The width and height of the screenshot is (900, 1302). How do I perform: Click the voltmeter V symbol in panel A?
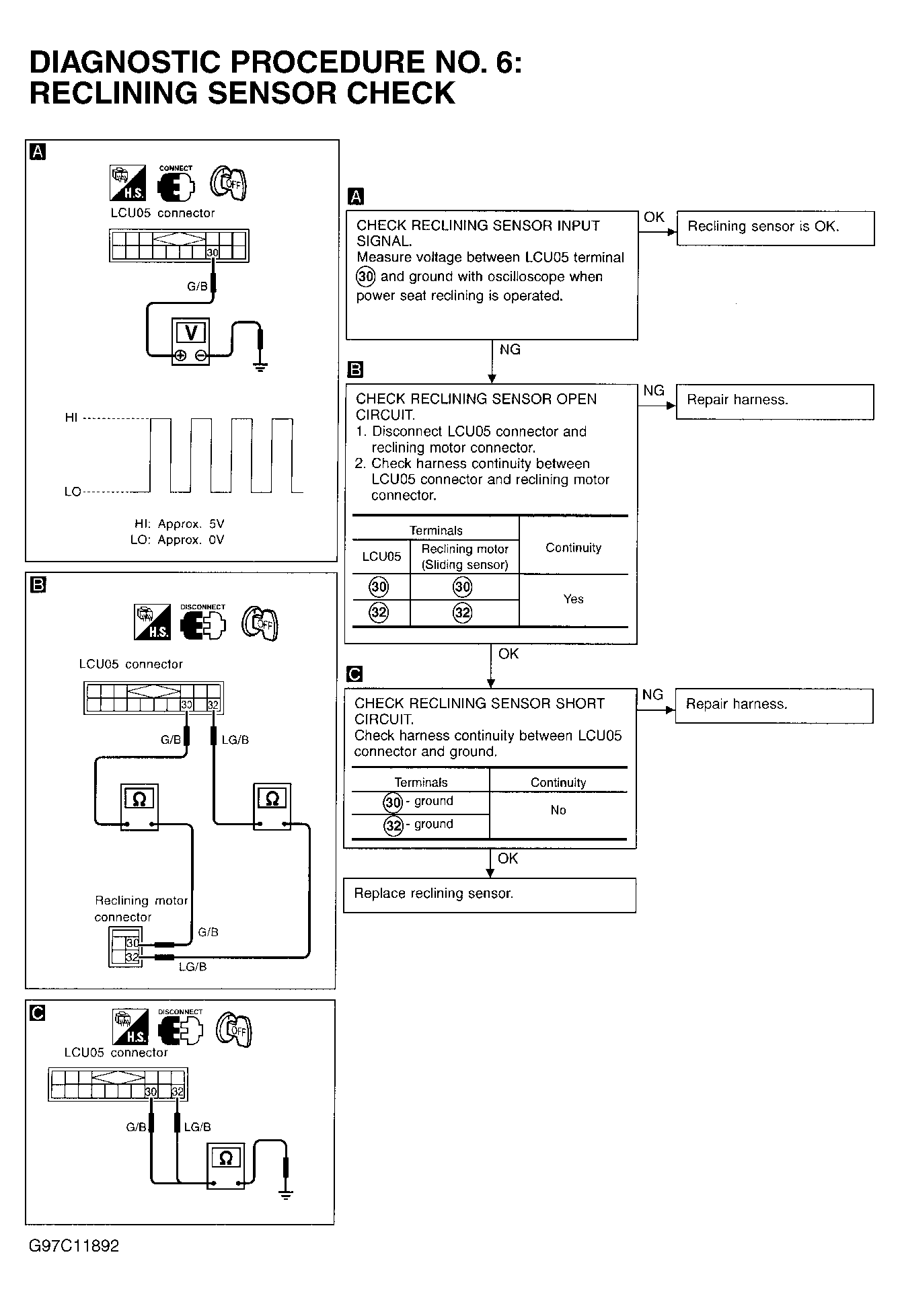tap(191, 332)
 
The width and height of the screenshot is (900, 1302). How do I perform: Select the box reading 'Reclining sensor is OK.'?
tap(775, 227)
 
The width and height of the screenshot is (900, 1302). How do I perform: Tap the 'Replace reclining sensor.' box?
tap(489, 894)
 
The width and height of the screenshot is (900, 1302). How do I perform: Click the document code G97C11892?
tap(74, 1246)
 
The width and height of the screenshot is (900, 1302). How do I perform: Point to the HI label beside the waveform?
tap(71, 418)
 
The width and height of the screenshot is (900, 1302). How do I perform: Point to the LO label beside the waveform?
tap(72, 492)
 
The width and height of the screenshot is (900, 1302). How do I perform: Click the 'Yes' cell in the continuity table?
tap(573, 599)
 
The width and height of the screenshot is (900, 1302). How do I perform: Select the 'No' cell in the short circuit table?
tap(558, 810)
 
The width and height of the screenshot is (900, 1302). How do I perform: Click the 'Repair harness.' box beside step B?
tap(774, 401)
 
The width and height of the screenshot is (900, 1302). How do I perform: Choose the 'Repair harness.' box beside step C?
tap(774, 705)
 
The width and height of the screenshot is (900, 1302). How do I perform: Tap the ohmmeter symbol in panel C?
tap(225, 1158)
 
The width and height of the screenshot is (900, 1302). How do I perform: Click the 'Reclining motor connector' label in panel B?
tap(141, 909)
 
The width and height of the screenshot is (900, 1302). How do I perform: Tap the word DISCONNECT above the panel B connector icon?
tap(202, 607)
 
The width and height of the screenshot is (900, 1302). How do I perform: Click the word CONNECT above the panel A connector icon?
tap(176, 168)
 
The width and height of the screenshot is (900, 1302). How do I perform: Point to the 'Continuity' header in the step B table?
tap(573, 547)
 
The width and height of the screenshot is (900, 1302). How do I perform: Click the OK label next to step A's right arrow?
tap(654, 217)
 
